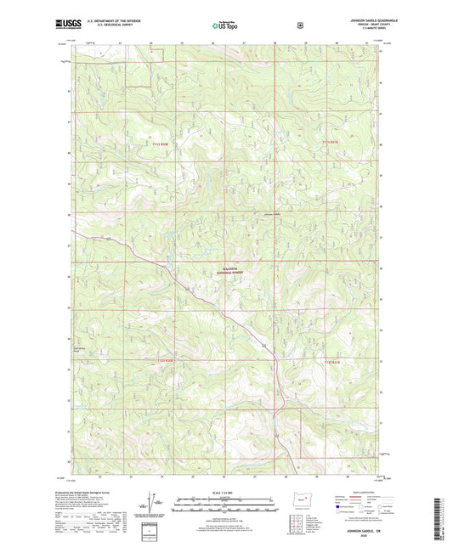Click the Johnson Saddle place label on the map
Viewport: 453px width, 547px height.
(x=272, y=215)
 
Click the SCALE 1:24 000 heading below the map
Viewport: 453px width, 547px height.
(x=226, y=493)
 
